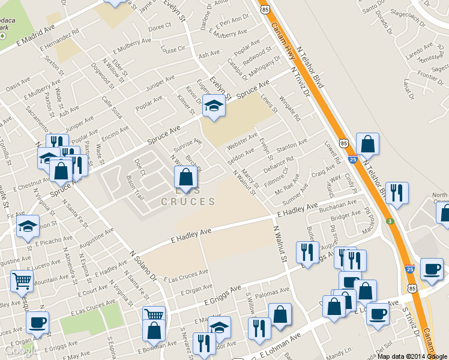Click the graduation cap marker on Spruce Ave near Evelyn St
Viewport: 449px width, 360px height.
tap(213, 106)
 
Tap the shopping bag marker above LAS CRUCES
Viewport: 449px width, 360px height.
tap(185, 178)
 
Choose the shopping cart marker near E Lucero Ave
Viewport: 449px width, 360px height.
tap(22, 281)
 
